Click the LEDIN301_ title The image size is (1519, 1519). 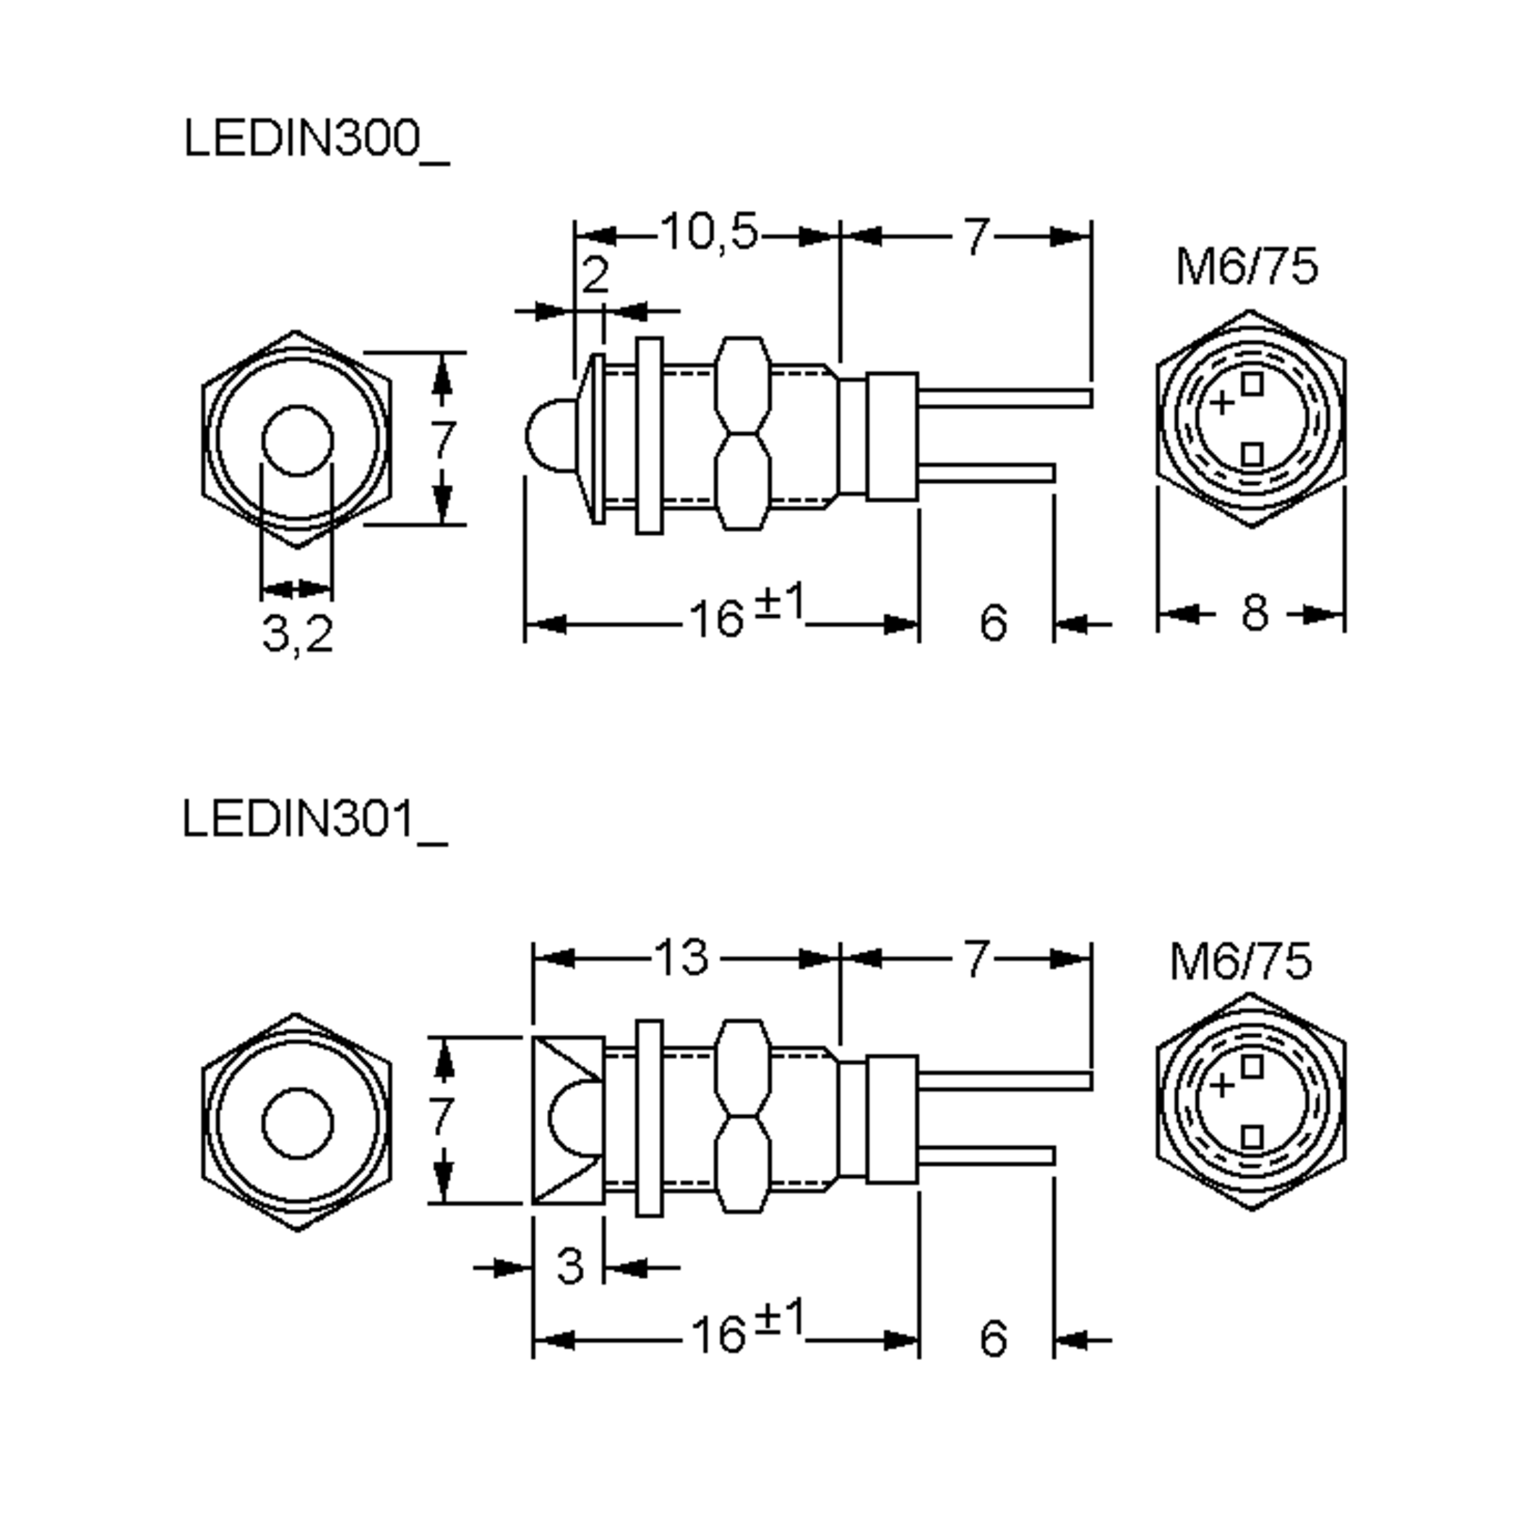(x=315, y=820)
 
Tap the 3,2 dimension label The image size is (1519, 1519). (x=297, y=634)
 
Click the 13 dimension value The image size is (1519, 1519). (x=682, y=958)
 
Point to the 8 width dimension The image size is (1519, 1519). (x=1255, y=613)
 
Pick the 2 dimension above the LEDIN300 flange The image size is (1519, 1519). (x=595, y=275)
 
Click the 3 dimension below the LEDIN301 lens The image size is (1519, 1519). (x=570, y=1266)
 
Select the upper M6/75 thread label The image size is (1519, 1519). (x=1246, y=266)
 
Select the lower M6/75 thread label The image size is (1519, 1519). (x=1241, y=961)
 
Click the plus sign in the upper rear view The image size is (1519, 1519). (x=1221, y=403)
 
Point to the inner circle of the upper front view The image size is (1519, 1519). (x=297, y=441)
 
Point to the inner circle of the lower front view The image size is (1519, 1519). (x=297, y=1123)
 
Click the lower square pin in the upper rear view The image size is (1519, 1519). (x=1253, y=454)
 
